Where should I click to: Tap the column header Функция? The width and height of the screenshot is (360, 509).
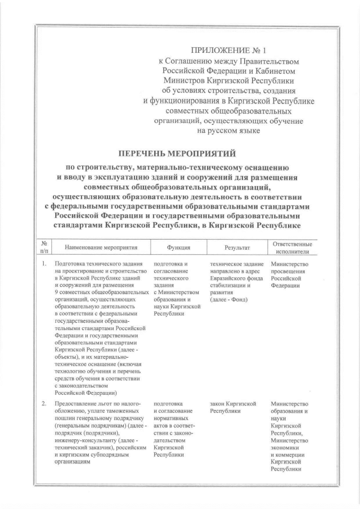tap(178, 247)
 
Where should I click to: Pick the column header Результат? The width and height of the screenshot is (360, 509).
tap(237, 247)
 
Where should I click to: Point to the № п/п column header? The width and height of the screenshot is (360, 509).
tap(44, 247)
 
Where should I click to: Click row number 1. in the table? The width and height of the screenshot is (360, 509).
tap(44, 264)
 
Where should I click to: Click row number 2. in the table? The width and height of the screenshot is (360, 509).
tap(44, 404)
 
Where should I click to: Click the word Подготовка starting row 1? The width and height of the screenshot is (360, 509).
tap(70, 264)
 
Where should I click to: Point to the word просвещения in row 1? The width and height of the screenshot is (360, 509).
tap(290, 271)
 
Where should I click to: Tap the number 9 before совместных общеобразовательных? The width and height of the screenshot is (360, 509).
tap(57, 293)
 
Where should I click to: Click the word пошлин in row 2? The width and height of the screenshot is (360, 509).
tap(65, 419)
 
